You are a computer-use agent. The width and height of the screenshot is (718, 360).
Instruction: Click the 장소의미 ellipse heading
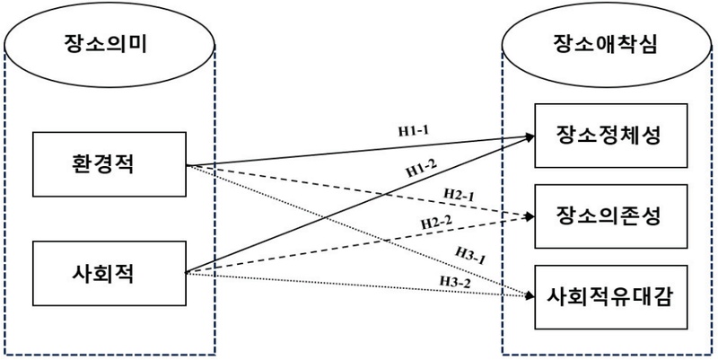(107, 44)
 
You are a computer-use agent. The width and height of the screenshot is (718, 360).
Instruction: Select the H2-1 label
(460, 194)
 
